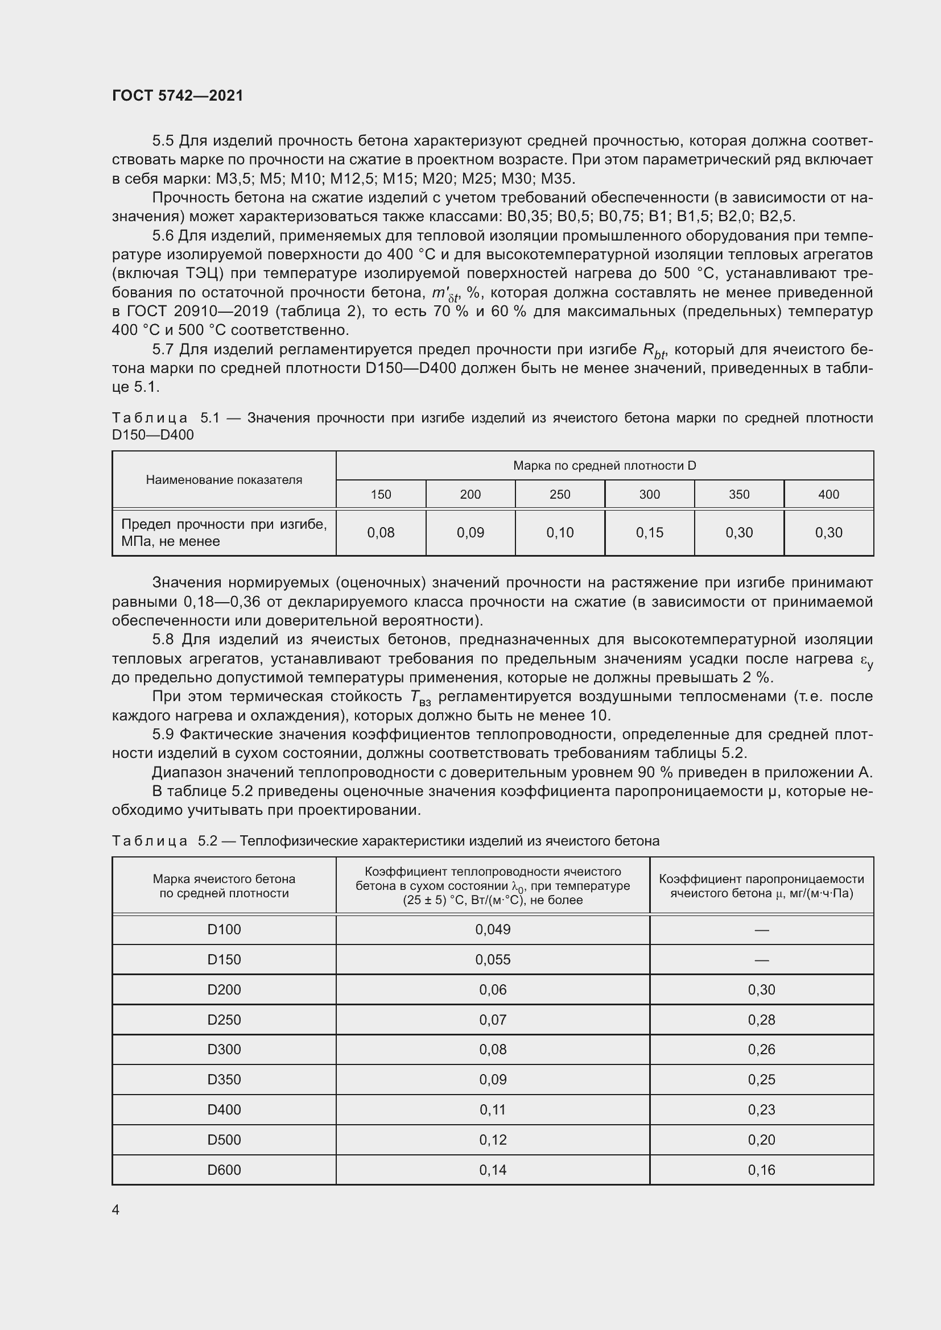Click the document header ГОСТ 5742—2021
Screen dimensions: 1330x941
pos(178,96)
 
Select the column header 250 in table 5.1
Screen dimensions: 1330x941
pos(560,494)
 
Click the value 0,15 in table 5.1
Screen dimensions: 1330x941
pos(649,532)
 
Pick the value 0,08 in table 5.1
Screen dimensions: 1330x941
pos(381,532)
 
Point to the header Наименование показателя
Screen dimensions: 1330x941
pos(224,480)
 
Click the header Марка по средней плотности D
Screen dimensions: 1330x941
pos(604,466)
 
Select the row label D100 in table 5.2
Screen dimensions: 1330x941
pos(224,929)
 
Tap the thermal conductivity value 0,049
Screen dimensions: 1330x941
pos(493,929)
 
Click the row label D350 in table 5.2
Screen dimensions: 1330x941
pos(224,1079)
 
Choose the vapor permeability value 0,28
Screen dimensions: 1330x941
pos(761,1020)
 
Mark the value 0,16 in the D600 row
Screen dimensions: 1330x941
pos(761,1170)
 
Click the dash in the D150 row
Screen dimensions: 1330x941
pos(761,960)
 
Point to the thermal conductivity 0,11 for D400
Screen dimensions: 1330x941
pos(493,1109)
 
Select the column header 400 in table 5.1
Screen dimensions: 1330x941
pos(828,494)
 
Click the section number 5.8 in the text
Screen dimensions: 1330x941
pos(163,640)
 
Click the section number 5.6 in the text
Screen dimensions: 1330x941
pos(163,236)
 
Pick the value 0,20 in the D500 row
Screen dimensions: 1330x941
pos(761,1140)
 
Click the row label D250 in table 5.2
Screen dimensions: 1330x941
pos(224,1020)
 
